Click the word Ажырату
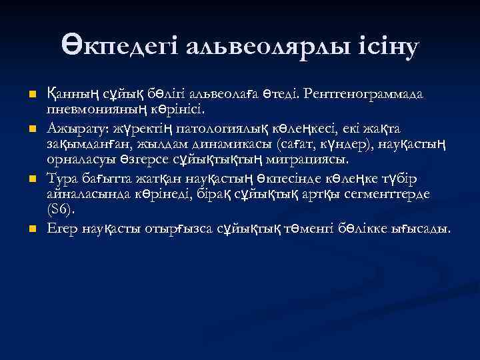75,127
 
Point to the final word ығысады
425,229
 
